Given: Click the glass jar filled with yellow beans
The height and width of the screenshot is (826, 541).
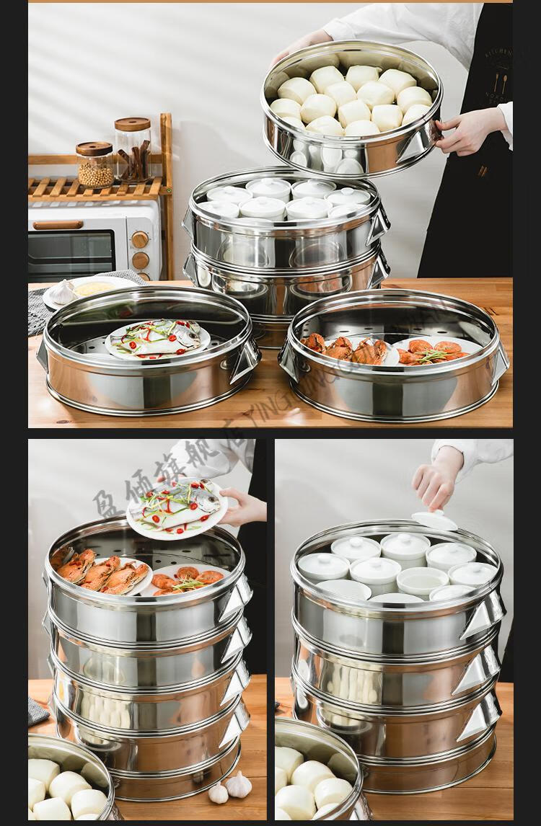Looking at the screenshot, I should point(95,167).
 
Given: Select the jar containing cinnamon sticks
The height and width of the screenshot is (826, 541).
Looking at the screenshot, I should point(133,154).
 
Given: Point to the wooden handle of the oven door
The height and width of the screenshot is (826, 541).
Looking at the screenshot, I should point(58,225).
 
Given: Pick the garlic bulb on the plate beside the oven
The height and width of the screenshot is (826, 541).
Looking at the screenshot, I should point(63,292).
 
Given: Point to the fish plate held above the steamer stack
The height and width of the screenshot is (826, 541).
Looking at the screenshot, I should point(176,508).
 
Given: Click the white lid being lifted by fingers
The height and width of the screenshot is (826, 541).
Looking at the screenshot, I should point(434,520).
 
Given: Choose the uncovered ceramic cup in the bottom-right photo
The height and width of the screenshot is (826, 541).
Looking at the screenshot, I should point(422,579).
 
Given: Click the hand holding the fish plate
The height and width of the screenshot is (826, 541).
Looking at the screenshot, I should point(243,507).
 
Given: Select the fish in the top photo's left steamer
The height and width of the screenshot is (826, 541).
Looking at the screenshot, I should point(157,338).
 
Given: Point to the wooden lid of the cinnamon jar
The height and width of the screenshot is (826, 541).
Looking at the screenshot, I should point(132,123).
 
